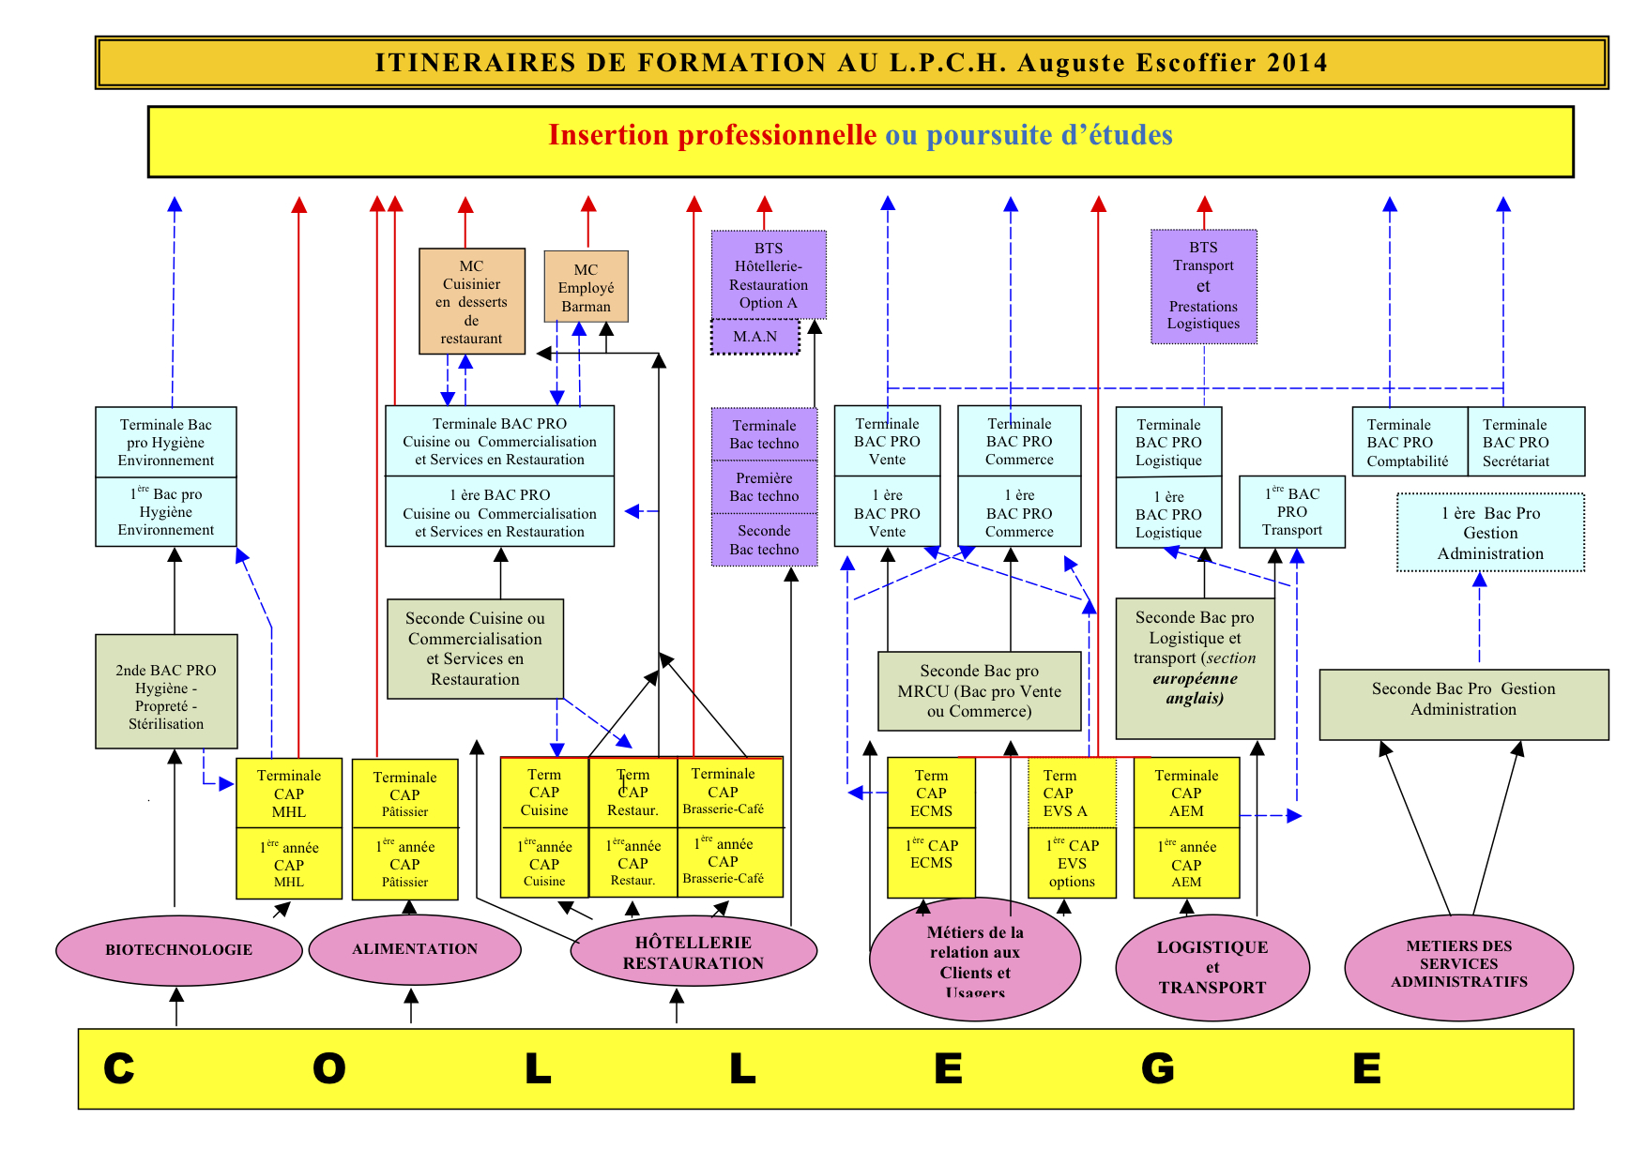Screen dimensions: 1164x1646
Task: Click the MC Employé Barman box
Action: coord(586,287)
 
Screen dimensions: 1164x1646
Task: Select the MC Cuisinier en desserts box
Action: coord(471,301)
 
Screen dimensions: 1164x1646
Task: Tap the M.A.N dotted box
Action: coord(755,337)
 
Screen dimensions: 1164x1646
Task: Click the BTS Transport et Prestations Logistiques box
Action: coord(1203,286)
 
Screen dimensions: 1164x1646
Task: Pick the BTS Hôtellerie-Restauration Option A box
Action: coord(769,275)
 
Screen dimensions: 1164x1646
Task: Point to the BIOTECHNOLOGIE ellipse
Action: coord(178,949)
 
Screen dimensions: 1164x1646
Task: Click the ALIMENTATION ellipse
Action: coord(414,949)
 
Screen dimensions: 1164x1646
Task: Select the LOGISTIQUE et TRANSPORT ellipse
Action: coord(1212,967)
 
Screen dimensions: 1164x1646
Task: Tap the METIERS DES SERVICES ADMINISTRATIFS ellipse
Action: coord(1458,964)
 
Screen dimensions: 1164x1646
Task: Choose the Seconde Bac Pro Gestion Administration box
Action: coord(1463,704)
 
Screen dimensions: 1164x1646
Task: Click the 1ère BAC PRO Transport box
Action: coord(1291,512)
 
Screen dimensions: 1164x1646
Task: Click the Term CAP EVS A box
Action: coord(1071,793)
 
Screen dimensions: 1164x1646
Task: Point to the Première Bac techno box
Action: coord(764,487)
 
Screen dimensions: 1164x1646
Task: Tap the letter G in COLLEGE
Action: coord(1157,1068)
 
